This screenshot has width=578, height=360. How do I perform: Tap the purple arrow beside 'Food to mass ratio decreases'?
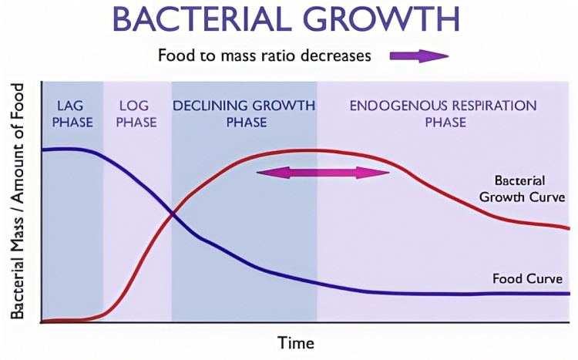point(419,56)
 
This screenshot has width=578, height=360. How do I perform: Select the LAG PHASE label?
point(72,114)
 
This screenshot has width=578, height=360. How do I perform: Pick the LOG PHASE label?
point(136,114)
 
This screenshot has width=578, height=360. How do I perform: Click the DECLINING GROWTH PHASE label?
point(244,114)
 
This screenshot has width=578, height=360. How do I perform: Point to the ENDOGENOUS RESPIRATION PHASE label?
point(443,114)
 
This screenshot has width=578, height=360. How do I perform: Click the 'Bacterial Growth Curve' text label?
point(522,189)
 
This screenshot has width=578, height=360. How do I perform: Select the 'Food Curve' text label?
point(527,278)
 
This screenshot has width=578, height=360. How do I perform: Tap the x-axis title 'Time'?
point(296,343)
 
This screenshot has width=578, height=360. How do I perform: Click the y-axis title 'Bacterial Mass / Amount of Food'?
point(17,201)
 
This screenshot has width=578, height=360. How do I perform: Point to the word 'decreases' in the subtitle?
point(336,56)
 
